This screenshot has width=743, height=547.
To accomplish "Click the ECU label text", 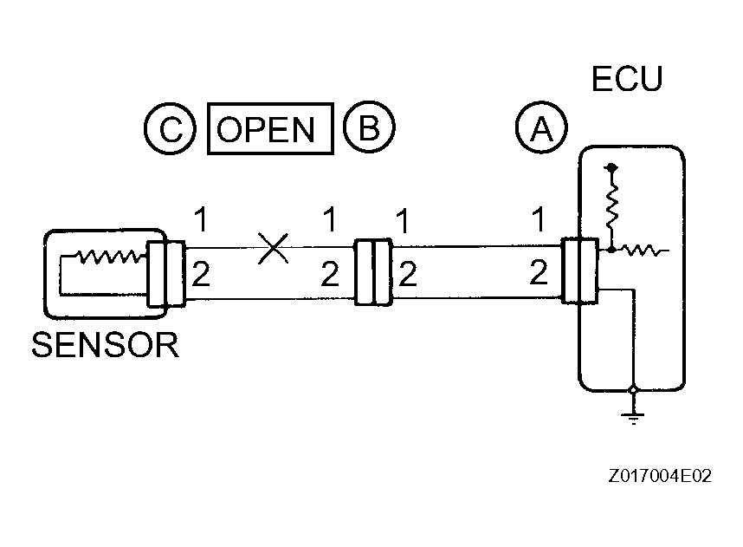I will point(626,79).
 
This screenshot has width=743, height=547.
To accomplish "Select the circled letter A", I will point(541,129).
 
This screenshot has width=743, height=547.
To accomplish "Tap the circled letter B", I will point(369,129).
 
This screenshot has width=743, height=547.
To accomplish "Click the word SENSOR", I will point(105,345).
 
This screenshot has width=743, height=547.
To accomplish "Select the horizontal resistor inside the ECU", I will point(642,251).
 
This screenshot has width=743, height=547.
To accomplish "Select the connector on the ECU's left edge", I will point(578,271).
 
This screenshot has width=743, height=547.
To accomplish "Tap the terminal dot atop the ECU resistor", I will point(612,166).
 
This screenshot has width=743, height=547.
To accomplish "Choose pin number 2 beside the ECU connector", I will point(539,274).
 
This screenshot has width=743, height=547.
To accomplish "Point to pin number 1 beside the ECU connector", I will point(539,221).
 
